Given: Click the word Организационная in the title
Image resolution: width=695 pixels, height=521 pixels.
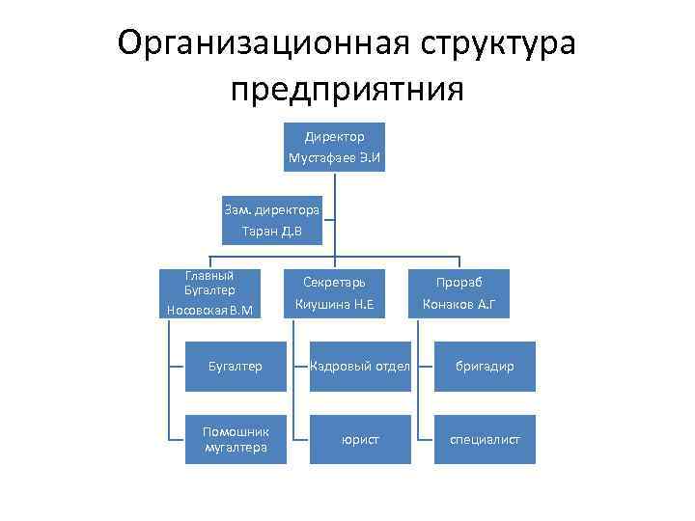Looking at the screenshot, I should coord(261,44).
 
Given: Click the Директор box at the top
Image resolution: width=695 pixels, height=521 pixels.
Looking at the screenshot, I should coord(334,147).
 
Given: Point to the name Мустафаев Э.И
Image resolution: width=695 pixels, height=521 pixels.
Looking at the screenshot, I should coord(334,157).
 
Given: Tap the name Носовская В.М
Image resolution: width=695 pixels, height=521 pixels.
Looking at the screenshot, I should coord(209,310).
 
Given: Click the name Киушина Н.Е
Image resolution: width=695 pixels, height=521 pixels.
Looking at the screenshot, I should coord(334,307).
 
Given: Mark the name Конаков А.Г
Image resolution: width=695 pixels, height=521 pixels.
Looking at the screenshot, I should coord(459,307).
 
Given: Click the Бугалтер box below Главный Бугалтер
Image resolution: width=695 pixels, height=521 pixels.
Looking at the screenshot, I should coord(236,367).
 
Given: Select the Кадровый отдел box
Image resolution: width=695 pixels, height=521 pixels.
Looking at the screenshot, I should coord(359,367).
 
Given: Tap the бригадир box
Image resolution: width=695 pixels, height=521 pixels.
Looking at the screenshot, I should coord(484,367).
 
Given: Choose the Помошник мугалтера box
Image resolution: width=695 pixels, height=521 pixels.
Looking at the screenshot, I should coord(236,439).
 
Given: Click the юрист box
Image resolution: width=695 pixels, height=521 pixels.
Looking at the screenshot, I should coord(359,439).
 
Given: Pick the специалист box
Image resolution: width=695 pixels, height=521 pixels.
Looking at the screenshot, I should coord(484,439).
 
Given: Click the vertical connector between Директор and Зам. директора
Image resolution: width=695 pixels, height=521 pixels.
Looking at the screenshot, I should coord(334,185).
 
